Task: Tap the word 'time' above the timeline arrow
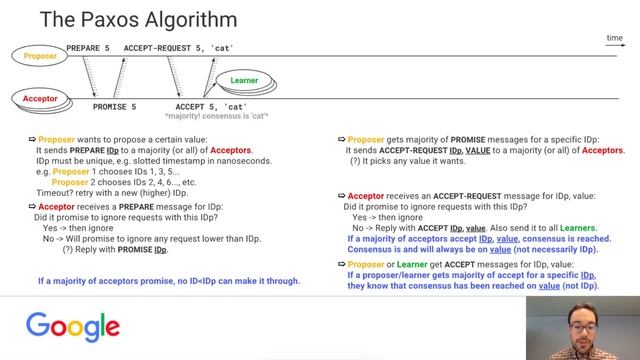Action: pyautogui.click(x=614, y=38)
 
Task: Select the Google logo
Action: pyautogui.click(x=73, y=327)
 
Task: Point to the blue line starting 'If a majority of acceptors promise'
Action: pyautogui.click(x=169, y=281)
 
